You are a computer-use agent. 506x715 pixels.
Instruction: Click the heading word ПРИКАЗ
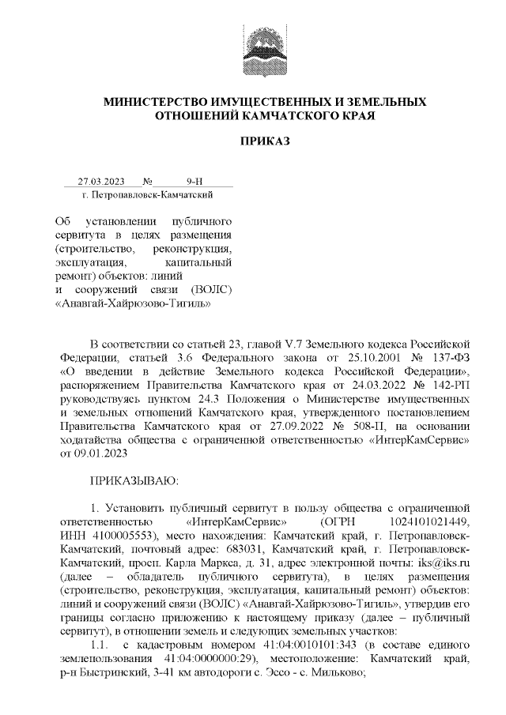point(266,141)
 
